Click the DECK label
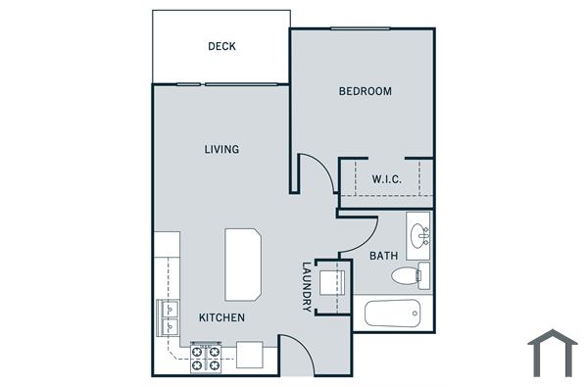[x=221, y=46]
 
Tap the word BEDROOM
[x=365, y=91]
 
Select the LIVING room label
[x=221, y=149]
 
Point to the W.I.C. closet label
[x=386, y=179]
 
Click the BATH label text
[x=383, y=256]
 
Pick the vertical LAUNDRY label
[x=307, y=287]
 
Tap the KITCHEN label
[x=221, y=317]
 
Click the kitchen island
[x=244, y=265]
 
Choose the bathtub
[x=392, y=314]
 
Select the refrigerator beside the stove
[x=249, y=355]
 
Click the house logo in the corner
[x=552, y=353]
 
